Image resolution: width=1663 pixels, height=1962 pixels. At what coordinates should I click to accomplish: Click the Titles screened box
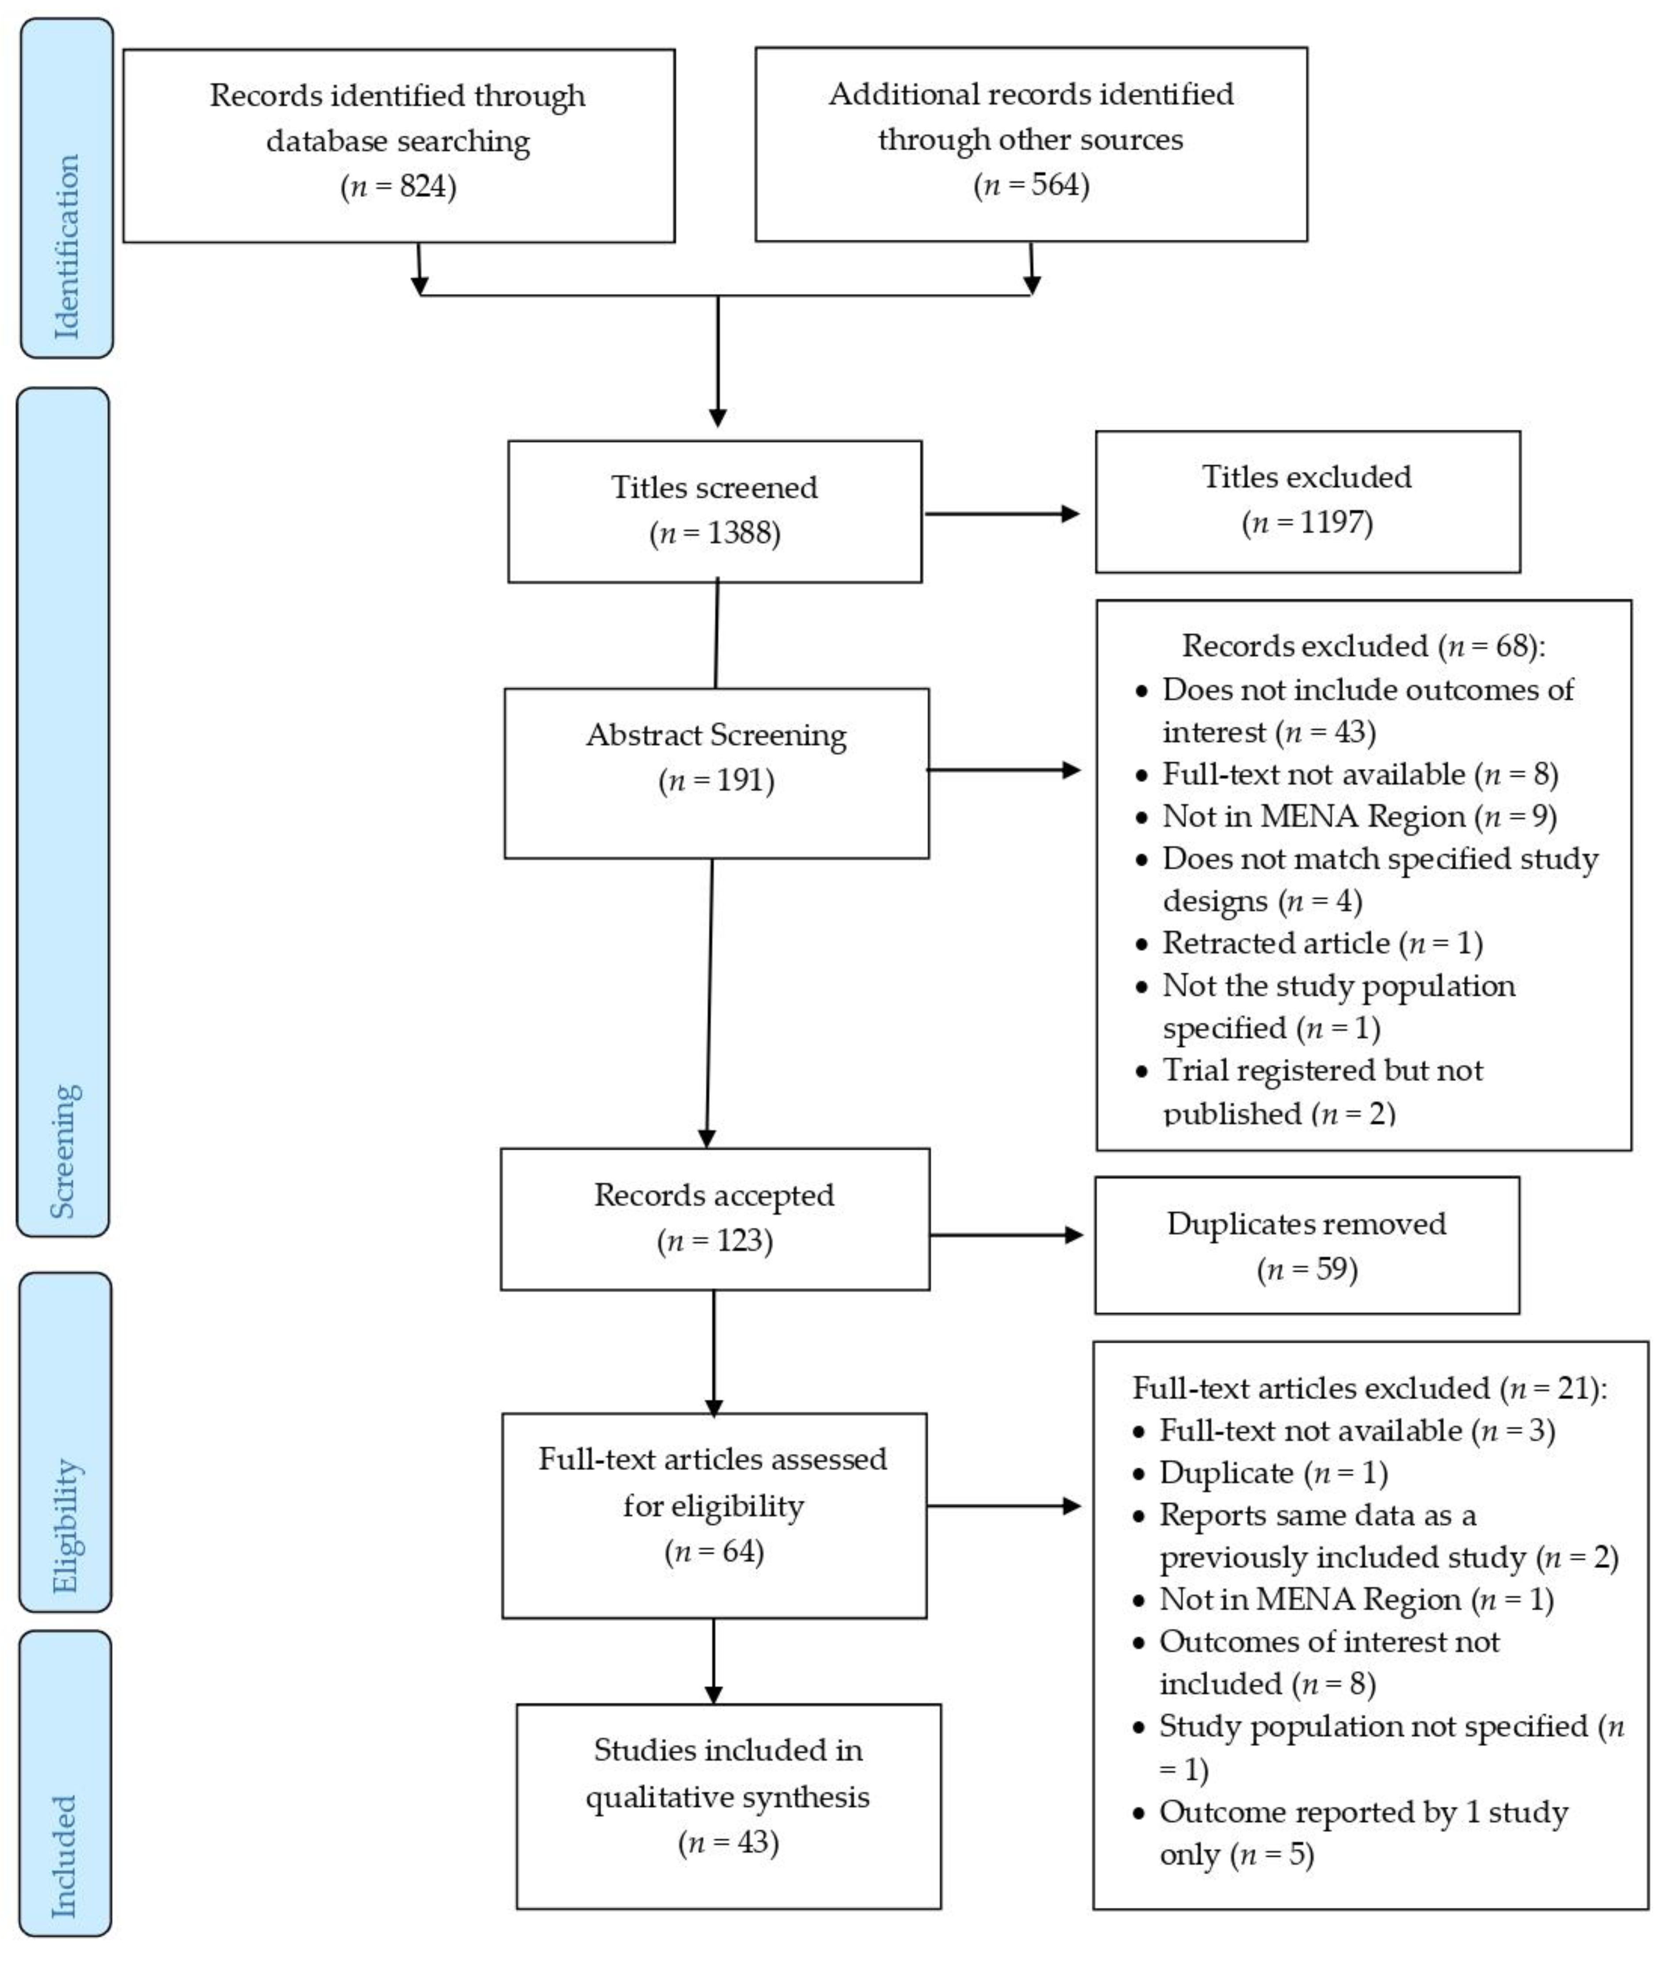pyautogui.click(x=714, y=511)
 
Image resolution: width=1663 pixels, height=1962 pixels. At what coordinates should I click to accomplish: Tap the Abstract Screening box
pyautogui.click(x=717, y=773)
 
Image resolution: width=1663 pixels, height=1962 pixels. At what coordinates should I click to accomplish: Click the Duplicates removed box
pyautogui.click(x=1306, y=1245)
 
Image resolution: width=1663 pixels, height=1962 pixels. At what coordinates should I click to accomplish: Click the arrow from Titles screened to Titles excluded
pyautogui.click(x=1001, y=513)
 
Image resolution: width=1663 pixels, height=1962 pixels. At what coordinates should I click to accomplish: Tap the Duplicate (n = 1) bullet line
pyautogui.click(x=1273, y=1473)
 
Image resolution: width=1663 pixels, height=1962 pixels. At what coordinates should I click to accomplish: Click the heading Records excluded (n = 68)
pyautogui.click(x=1363, y=647)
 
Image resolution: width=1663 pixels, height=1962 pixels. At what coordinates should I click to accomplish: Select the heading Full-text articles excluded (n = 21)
pyautogui.click(x=1369, y=1388)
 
